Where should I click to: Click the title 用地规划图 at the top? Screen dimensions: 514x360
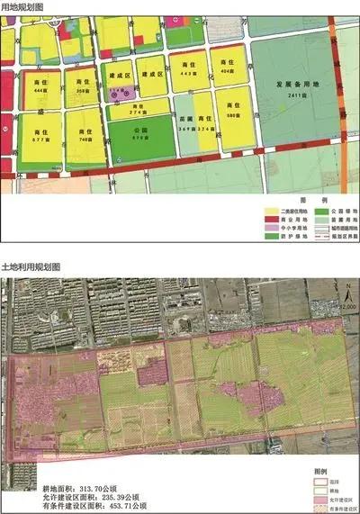(x=24, y=7)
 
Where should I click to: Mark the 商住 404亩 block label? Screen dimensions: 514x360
(x=227, y=77)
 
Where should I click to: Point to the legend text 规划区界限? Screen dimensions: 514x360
(x=319, y=233)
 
